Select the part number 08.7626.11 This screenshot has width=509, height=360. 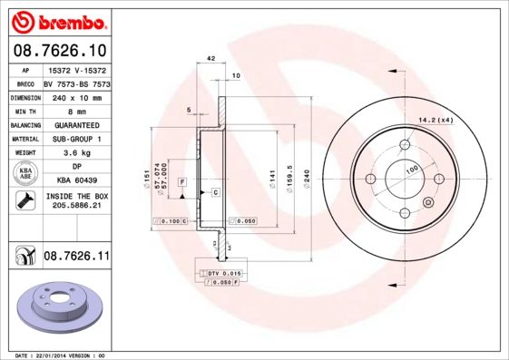[x=76, y=258]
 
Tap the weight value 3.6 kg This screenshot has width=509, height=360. [x=76, y=153]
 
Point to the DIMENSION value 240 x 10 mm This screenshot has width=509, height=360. [x=76, y=96]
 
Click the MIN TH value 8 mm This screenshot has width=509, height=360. [x=76, y=111]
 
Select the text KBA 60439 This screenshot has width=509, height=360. [x=76, y=181]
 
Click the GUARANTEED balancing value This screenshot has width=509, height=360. [x=76, y=124]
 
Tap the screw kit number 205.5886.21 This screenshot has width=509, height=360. [x=76, y=207]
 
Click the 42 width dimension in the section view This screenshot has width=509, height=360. [x=210, y=58]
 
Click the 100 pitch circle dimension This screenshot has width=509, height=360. [x=411, y=170]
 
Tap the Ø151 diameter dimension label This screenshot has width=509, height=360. [x=147, y=178]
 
